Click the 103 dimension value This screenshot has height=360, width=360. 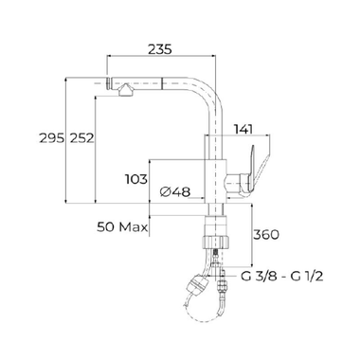[137, 177]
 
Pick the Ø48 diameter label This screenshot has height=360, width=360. [177, 192]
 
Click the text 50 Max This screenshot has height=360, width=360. [121, 227]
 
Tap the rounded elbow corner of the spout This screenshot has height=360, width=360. [214, 87]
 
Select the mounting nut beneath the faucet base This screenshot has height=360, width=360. [216, 232]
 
